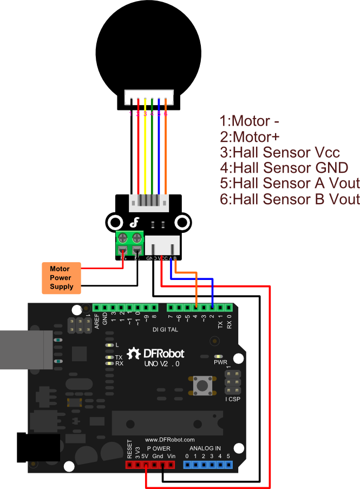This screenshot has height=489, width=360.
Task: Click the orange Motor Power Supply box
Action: tap(61, 278)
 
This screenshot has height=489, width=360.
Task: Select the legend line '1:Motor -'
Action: tap(245, 121)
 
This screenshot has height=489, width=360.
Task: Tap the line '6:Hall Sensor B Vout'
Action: tap(290, 199)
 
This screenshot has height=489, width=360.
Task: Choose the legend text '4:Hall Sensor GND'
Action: tap(284, 167)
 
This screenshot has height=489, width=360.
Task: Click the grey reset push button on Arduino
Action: tap(203, 385)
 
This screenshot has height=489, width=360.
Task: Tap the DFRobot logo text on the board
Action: tap(163, 354)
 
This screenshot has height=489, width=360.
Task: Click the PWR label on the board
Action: tap(220, 362)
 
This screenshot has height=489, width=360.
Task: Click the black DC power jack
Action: tap(38, 447)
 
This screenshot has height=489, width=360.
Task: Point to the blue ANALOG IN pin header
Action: tap(207, 465)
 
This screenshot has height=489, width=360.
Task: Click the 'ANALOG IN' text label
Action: tap(205, 448)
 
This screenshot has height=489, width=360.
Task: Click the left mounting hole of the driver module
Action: tap(114, 221)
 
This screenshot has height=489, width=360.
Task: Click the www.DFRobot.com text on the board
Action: tap(169, 440)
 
